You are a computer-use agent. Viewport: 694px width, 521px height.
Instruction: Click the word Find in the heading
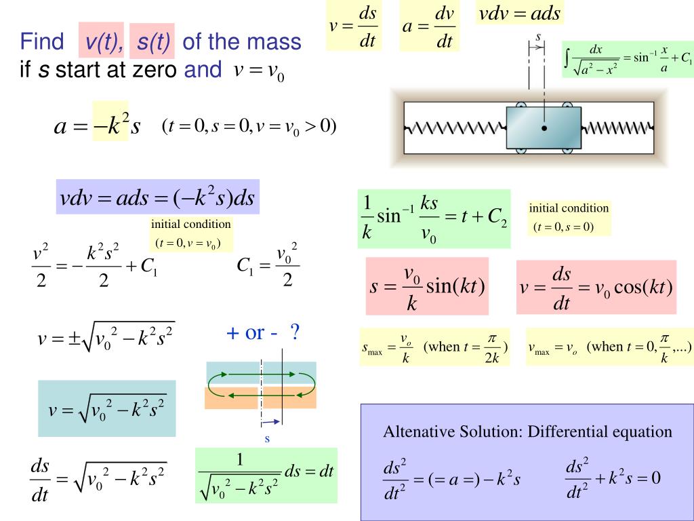42,41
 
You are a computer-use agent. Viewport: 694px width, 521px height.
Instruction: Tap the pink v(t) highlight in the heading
102,40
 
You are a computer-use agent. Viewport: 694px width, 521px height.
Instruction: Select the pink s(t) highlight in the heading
152,41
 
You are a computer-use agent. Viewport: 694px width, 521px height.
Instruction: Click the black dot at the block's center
544,128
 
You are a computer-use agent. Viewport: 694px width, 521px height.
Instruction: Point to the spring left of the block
455,128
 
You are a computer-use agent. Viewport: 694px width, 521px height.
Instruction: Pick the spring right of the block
617,128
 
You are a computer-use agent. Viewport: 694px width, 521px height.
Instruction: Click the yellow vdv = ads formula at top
520,13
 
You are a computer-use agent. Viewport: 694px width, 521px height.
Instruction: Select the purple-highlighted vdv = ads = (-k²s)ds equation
157,197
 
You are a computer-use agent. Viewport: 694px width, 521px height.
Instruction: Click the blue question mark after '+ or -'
295,332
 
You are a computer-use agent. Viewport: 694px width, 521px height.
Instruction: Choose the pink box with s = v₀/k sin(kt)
427,286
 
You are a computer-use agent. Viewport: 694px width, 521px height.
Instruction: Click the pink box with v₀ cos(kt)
596,287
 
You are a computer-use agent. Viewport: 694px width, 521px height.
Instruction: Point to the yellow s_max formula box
434,347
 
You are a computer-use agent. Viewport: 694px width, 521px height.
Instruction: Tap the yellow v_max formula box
610,347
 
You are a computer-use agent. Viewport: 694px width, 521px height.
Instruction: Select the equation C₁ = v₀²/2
268,265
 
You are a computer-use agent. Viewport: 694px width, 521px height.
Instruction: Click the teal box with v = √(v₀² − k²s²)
106,408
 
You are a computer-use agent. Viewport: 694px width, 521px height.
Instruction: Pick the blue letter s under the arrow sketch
267,439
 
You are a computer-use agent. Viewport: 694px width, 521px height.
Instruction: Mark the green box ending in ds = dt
266,476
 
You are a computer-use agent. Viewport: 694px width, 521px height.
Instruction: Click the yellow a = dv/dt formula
429,26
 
